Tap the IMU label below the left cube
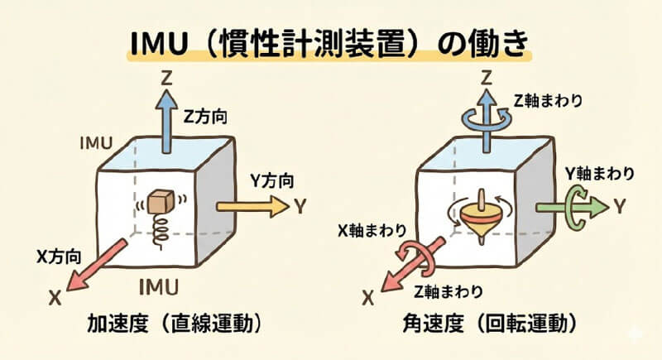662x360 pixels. coord(159,286)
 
